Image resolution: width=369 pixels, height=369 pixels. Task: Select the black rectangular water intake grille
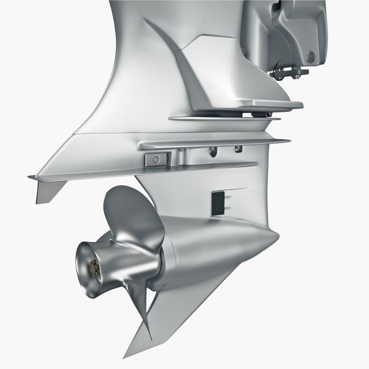tap(215, 203)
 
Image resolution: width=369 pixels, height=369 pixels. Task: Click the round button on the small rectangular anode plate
tap(155, 160)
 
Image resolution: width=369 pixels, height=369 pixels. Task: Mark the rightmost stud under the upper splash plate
tap(238, 149)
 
